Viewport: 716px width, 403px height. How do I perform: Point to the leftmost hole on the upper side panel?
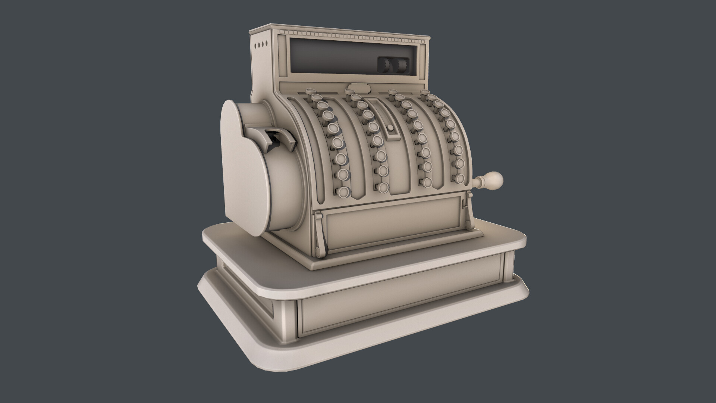pyautogui.click(x=256, y=46)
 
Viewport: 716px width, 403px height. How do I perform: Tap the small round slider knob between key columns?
pyautogui.click(x=391, y=128)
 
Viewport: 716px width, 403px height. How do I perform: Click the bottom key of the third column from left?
pyautogui.click(x=428, y=182)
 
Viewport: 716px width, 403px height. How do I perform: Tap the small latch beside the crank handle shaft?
pyautogui.click(x=464, y=203)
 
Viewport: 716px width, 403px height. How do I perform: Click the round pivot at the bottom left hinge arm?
pyautogui.click(x=318, y=249)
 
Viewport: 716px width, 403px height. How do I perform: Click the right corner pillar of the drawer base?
pyautogui.click(x=509, y=267)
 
